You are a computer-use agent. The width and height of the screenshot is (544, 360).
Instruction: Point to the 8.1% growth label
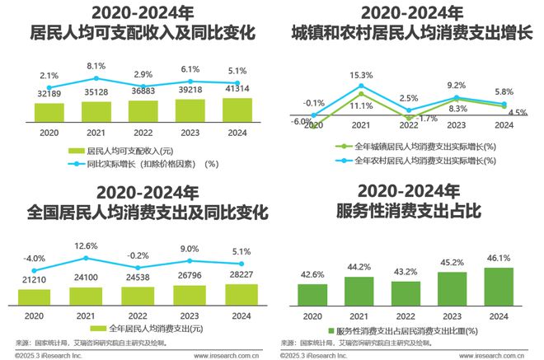coord(96,66)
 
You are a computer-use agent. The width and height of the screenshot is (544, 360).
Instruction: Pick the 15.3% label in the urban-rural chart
coord(359,76)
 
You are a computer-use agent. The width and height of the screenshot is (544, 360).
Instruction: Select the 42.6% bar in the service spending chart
coord(312,294)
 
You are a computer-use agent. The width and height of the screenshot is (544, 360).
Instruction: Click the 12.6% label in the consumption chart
coord(96,245)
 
